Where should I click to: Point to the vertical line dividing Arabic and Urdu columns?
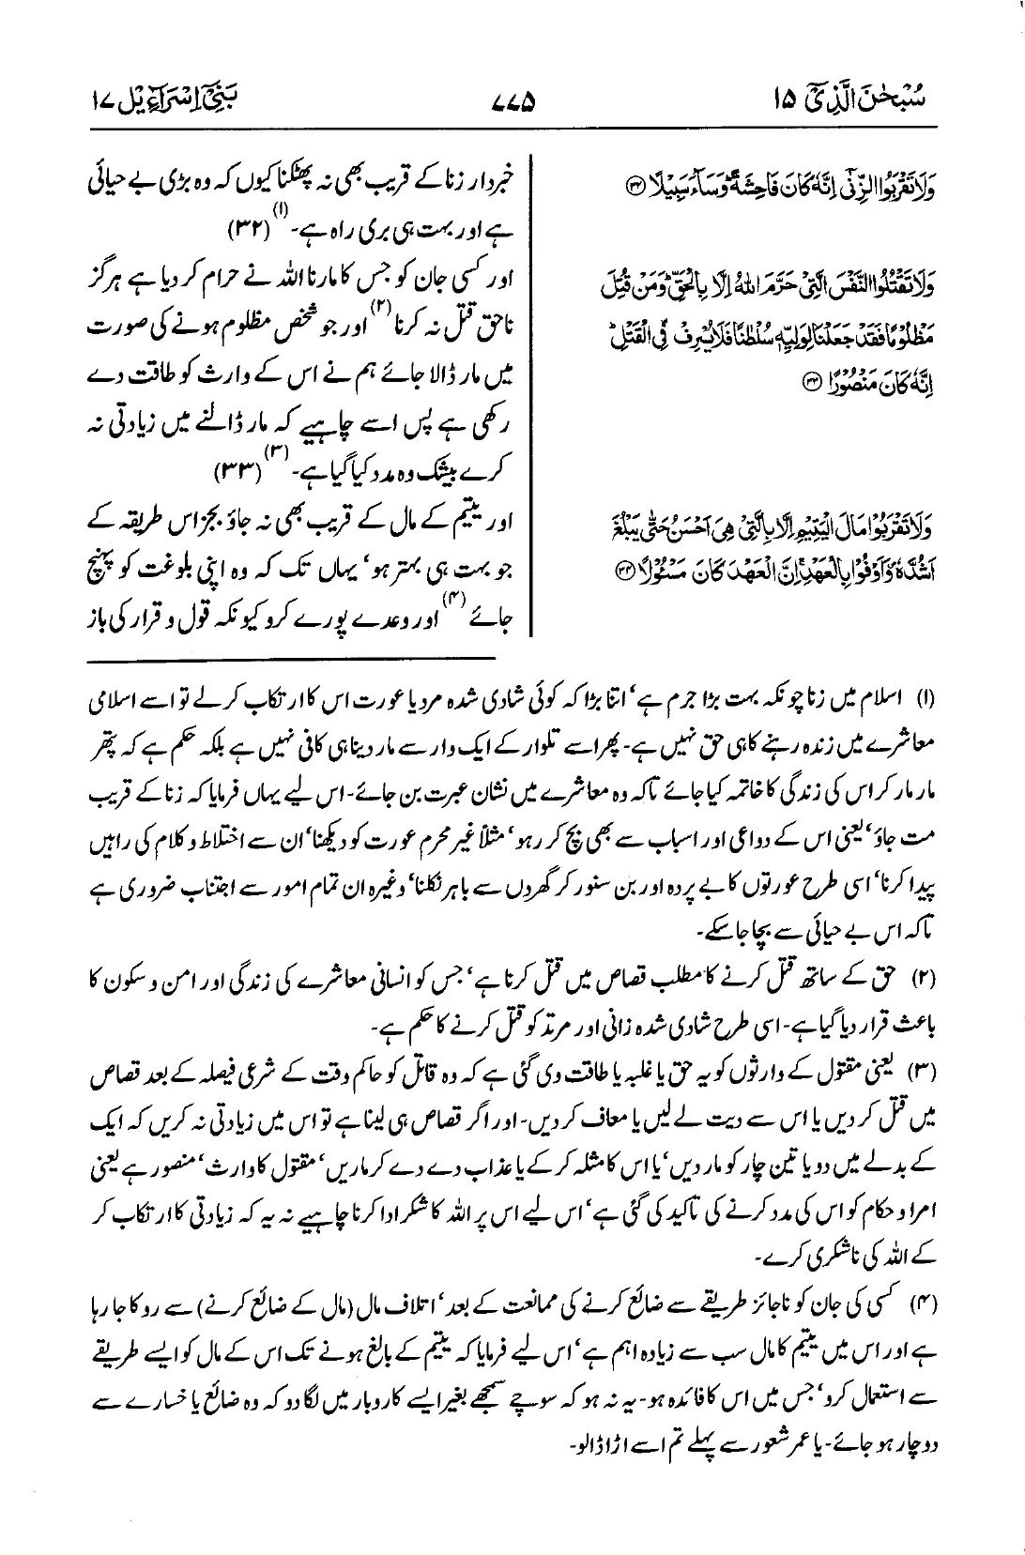tap(533, 394)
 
